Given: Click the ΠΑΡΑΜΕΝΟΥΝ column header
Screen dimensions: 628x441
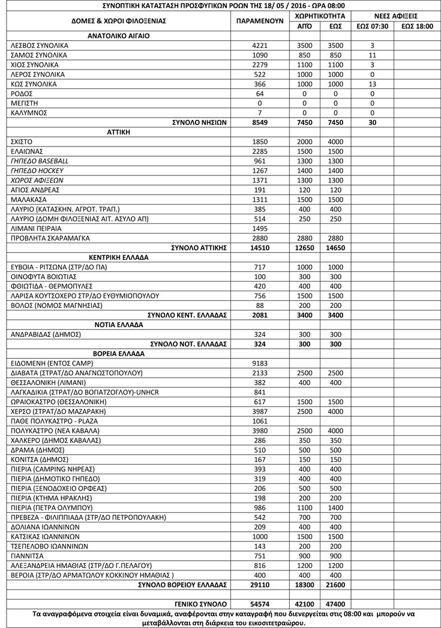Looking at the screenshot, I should coord(260,20).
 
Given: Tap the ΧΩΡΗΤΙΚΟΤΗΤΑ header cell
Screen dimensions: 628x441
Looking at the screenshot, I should coord(320,15).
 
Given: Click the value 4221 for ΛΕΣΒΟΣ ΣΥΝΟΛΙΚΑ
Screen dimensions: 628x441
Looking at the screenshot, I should coord(260,46).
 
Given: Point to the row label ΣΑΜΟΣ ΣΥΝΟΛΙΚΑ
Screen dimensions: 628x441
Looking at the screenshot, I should coord(40,55).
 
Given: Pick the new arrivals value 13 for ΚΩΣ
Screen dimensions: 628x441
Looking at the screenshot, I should coord(372,84).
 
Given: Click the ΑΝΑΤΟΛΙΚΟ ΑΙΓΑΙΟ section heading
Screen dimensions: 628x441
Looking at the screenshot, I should coord(118,36).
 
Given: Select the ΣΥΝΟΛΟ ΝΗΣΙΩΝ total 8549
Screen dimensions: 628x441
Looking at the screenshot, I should coord(260,122).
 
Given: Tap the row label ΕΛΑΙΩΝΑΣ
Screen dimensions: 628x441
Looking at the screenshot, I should coord(28,151).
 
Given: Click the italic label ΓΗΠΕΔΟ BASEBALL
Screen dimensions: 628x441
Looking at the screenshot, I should coord(40,161).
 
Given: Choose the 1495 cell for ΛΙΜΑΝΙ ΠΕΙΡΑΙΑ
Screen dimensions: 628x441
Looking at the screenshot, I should coord(260,228).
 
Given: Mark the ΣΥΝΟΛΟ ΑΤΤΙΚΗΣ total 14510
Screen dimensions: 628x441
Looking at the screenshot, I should coord(260,247).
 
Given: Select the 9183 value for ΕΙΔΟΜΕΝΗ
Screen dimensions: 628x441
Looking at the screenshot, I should coord(260,363).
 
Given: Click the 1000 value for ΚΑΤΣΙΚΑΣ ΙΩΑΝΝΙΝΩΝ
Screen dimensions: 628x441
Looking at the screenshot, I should coord(260,536).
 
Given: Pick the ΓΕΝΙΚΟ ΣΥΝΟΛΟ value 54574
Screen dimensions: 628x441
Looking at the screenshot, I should coord(260,603).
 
